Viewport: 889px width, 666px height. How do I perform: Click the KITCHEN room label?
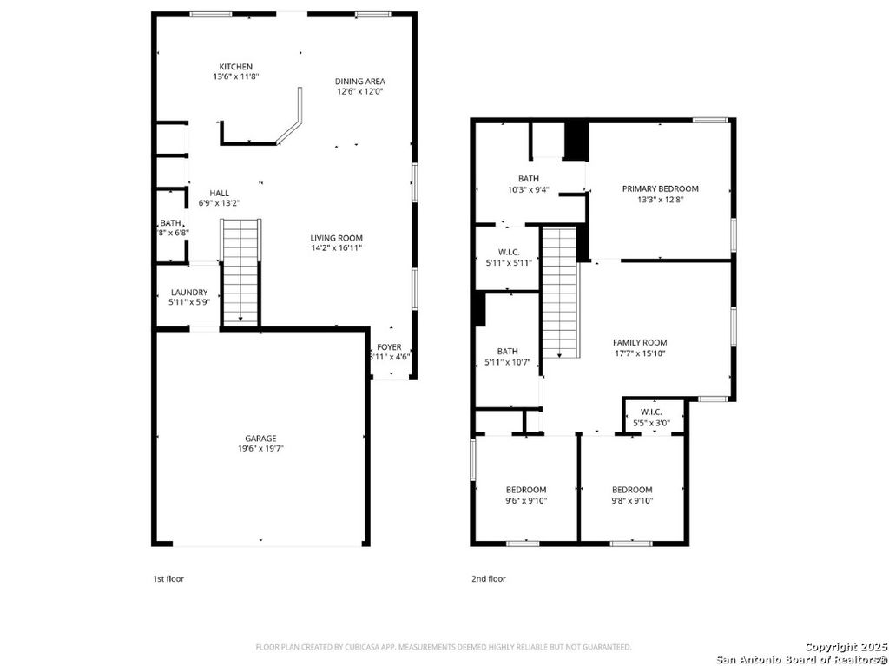pyautogui.click(x=235, y=67)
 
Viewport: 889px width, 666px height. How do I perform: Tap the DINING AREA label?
pyautogui.click(x=360, y=82)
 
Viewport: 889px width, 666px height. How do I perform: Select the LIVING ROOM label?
pyautogui.click(x=337, y=238)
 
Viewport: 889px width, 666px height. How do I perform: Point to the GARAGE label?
pyautogui.click(x=260, y=439)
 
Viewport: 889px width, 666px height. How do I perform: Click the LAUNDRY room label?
pyautogui.click(x=188, y=293)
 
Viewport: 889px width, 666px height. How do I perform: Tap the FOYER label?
pyautogui.click(x=389, y=346)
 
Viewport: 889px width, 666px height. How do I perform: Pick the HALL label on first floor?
pyautogui.click(x=219, y=193)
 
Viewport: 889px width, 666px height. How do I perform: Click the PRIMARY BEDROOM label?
pyautogui.click(x=660, y=188)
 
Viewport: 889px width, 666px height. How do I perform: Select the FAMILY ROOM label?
pyautogui.click(x=640, y=343)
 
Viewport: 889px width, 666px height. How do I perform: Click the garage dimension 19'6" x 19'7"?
pyautogui.click(x=260, y=449)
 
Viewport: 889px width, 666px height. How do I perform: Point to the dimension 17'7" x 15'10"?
pyautogui.click(x=640, y=353)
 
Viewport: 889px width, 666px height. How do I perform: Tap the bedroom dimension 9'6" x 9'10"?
pyautogui.click(x=526, y=500)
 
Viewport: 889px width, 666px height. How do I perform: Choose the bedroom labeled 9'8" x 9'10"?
pyautogui.click(x=632, y=495)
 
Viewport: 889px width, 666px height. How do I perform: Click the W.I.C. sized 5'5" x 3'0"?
pyautogui.click(x=651, y=417)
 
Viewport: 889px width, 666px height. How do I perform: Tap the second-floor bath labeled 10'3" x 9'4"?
pyautogui.click(x=529, y=184)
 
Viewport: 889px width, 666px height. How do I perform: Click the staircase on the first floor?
pyautogui.click(x=240, y=272)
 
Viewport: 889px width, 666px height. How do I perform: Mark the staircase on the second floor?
pyautogui.click(x=560, y=291)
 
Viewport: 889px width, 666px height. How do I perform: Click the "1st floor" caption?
pyautogui.click(x=168, y=578)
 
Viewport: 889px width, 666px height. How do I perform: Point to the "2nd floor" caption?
pyautogui.click(x=489, y=578)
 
